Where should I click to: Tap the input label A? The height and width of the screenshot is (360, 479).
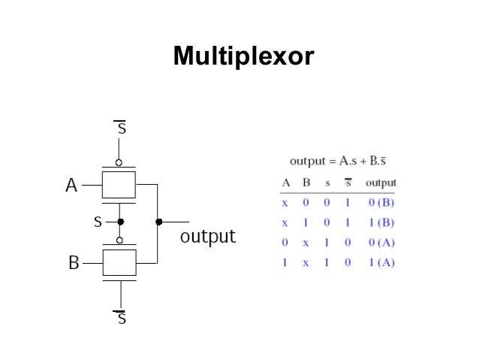click(x=71, y=185)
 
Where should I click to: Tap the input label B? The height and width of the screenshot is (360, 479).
click(x=73, y=263)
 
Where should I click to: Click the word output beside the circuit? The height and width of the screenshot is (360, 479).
click(x=209, y=237)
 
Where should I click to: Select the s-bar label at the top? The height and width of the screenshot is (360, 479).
click(x=120, y=129)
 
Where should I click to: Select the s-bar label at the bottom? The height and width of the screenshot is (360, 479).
click(x=120, y=318)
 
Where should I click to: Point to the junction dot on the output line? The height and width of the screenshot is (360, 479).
click(x=158, y=222)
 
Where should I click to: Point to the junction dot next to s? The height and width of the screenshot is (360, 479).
click(x=120, y=222)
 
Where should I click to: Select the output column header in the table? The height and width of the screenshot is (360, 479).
click(x=381, y=183)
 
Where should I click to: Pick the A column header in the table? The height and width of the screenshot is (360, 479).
click(x=286, y=183)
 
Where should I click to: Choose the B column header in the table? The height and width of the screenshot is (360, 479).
click(x=306, y=183)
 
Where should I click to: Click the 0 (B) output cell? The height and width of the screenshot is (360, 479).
click(x=381, y=203)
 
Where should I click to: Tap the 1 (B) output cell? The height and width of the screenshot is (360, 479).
click(x=381, y=222)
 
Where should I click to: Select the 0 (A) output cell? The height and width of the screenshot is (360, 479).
click(x=381, y=243)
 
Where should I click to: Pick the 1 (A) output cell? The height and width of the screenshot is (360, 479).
click(x=381, y=262)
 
